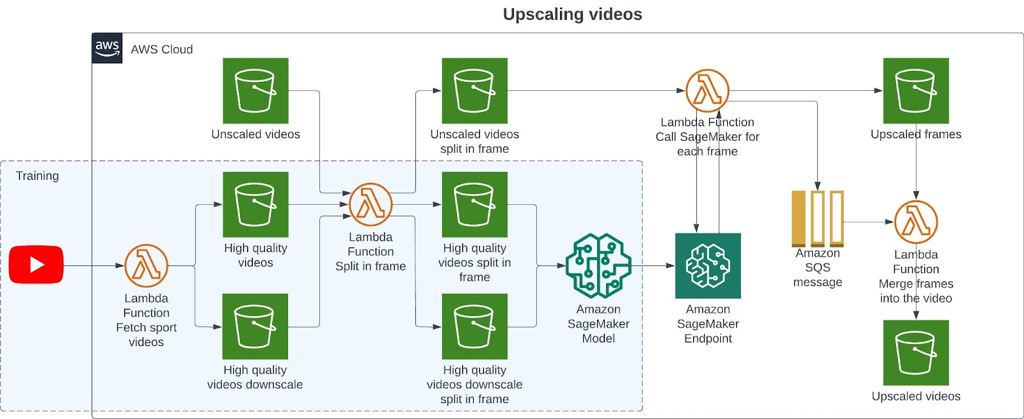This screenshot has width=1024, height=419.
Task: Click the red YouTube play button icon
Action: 36,264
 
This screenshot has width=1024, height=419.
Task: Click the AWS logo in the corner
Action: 107,49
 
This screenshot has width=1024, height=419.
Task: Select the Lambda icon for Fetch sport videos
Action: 146,265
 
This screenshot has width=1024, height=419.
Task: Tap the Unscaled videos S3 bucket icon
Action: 255,91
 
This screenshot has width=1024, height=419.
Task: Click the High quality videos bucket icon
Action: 255,204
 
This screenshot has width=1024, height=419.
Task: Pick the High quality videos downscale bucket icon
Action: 255,326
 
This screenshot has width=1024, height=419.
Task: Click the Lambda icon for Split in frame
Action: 371,205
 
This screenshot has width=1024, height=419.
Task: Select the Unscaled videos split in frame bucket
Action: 474,91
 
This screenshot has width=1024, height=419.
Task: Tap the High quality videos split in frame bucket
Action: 474,204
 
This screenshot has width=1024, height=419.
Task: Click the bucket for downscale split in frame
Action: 474,326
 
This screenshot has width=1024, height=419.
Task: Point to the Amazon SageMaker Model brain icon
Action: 598,265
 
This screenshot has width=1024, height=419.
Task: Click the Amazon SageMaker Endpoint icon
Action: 708,265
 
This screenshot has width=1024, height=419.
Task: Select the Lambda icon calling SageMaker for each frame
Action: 707,91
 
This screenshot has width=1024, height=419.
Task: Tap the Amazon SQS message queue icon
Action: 817,218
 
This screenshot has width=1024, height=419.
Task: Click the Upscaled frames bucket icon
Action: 916,91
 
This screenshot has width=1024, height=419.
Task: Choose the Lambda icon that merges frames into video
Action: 916,222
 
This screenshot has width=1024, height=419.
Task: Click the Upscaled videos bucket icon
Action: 916,352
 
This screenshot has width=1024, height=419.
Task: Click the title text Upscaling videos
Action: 572,14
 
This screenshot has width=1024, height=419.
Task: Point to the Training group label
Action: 37,176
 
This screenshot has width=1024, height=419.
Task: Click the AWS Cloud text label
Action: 161,49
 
